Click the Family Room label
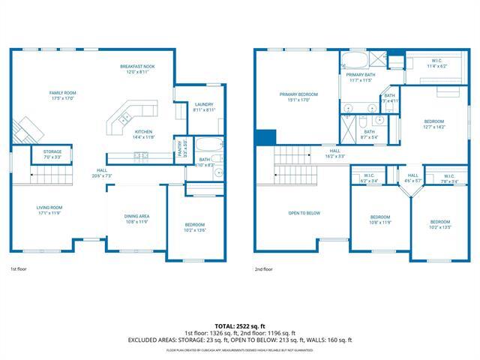pyautogui.click(x=64, y=95)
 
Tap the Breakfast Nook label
pyautogui.click(x=137, y=70)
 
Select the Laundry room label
pyautogui.click(x=204, y=107)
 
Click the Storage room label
pyautogui.click(x=52, y=154)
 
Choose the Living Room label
pyautogui.click(x=49, y=210)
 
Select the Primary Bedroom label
pyautogui.click(x=299, y=97)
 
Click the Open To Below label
pyautogui.click(x=304, y=213)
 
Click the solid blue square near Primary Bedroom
pyautogui.click(x=263, y=137)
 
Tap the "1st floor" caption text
pyautogui.click(x=19, y=268)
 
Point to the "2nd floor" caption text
pyautogui.click(x=264, y=268)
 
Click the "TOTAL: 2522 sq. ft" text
pyautogui.click(x=240, y=325)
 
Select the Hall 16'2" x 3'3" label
pyautogui.click(x=335, y=153)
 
